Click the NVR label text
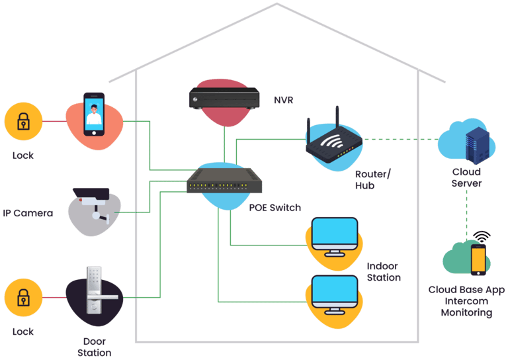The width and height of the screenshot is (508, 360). point(284,100)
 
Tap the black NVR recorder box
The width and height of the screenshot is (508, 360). point(224,98)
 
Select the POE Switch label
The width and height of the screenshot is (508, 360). point(275,208)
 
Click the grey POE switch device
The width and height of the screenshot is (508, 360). point(224,181)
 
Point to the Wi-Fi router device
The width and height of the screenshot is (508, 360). point(333,140)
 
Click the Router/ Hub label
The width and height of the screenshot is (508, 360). point(373,180)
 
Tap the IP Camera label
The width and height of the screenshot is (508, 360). point(28,213)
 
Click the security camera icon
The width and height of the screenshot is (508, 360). point(92,205)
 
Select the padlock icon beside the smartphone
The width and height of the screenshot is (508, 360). point(23,121)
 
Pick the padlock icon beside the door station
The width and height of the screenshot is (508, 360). point(23,297)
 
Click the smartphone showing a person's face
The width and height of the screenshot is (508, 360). point(94,114)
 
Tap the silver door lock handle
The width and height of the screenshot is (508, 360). point(97,291)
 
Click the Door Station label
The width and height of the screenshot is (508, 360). point(95,347)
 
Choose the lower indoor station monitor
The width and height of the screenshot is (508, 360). point(335,295)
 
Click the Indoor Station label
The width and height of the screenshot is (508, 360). point(384,272)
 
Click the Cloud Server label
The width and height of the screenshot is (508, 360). point(466,177)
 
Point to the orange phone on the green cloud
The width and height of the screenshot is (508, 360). point(478,260)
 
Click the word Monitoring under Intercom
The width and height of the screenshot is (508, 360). point(466,313)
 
